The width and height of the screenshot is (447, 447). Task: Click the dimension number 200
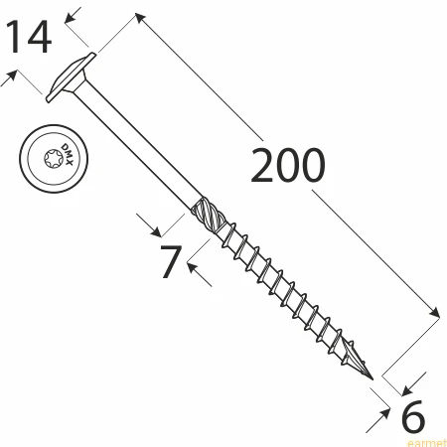coord(288,165)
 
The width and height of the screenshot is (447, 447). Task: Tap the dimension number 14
coord(29,37)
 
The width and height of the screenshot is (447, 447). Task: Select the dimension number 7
coord(171,261)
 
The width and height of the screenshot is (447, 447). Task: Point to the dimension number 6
coord(412,416)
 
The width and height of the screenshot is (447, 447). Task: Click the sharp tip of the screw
coord(372,379)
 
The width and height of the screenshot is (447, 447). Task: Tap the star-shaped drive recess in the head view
coord(54,159)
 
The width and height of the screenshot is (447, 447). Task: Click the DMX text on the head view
coord(68,155)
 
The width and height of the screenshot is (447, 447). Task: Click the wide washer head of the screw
coord(71,77)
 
